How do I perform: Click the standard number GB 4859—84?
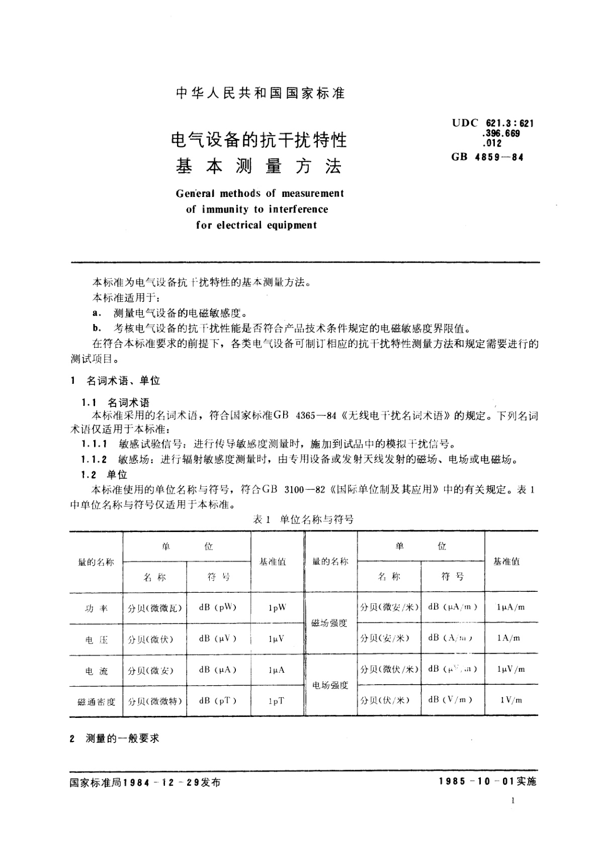tap(487, 157)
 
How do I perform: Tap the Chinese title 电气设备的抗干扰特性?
tap(259, 139)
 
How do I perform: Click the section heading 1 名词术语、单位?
tap(116, 381)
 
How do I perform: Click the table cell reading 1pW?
tap(277, 607)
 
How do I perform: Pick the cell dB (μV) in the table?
tap(217, 639)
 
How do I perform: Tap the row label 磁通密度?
tap(96, 701)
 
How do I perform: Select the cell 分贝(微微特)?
tap(154, 701)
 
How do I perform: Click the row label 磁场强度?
tap(329, 623)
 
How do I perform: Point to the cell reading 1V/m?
tap(511, 700)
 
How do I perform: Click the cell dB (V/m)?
tap(450, 700)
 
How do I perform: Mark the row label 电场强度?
tap(330, 685)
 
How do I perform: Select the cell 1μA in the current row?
tap(277, 670)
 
